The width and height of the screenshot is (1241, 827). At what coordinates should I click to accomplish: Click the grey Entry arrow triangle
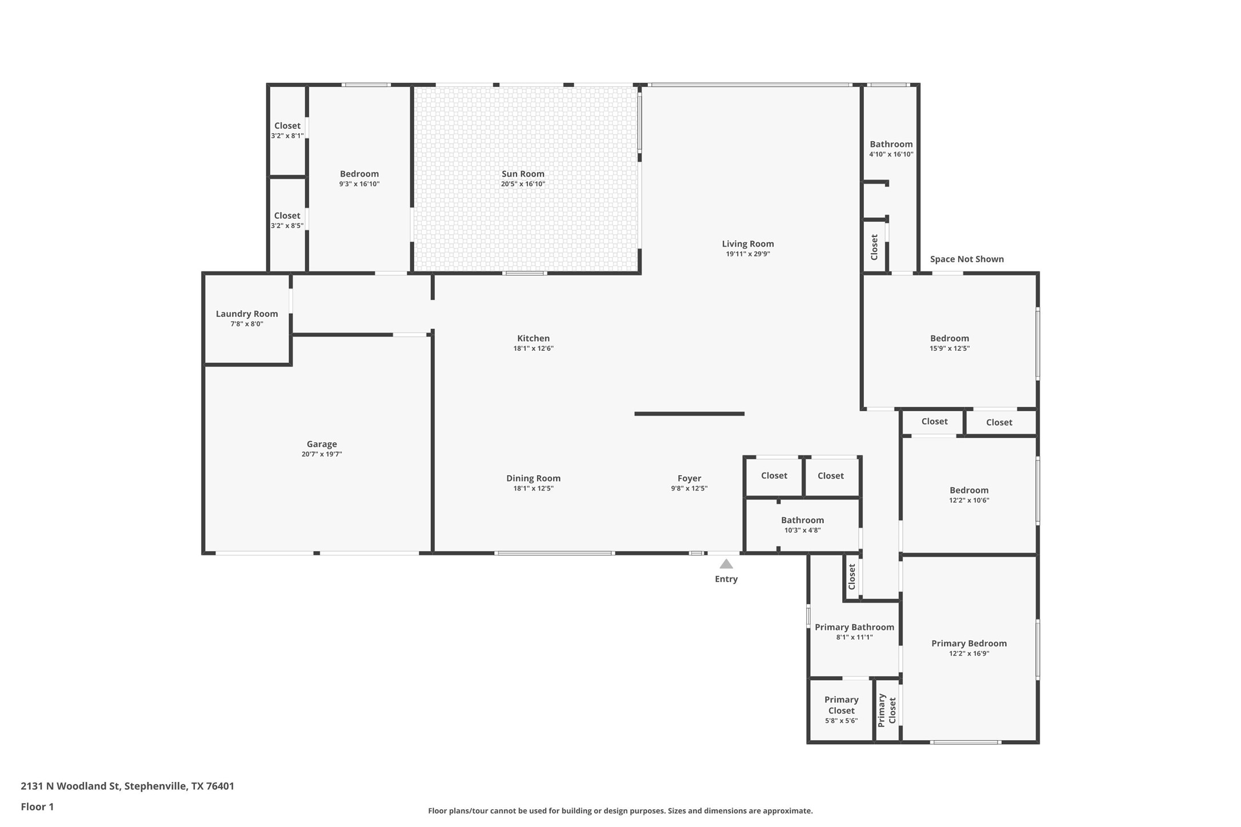726,564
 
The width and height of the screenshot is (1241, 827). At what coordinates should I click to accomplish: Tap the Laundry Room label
247,314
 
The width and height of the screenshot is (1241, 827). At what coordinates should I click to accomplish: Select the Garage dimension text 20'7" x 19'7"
322,454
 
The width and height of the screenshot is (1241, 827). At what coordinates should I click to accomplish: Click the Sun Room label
523,174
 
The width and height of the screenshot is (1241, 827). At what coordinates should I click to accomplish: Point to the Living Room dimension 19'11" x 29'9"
748,254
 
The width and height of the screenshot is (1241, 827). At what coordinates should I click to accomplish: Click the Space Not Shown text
967,259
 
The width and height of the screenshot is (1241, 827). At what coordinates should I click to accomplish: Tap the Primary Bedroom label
969,643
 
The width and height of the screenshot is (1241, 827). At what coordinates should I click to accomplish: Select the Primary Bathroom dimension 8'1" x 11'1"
854,637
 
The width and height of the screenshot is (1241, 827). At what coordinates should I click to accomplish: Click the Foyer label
689,478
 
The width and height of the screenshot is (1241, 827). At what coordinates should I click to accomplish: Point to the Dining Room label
533,478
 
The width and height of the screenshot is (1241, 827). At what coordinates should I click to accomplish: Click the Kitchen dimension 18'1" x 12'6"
533,348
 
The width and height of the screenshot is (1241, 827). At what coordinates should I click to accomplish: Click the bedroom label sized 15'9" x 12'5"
949,338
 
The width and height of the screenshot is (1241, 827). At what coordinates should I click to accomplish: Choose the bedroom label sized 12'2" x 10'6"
969,490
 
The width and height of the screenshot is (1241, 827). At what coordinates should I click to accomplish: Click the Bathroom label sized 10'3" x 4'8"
802,520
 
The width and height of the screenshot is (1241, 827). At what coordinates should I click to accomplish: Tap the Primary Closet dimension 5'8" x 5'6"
841,721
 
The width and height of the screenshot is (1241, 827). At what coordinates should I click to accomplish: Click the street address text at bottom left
127,786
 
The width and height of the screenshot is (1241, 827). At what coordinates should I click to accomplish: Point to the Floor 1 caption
37,806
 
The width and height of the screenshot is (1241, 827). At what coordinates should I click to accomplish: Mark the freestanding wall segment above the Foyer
689,413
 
